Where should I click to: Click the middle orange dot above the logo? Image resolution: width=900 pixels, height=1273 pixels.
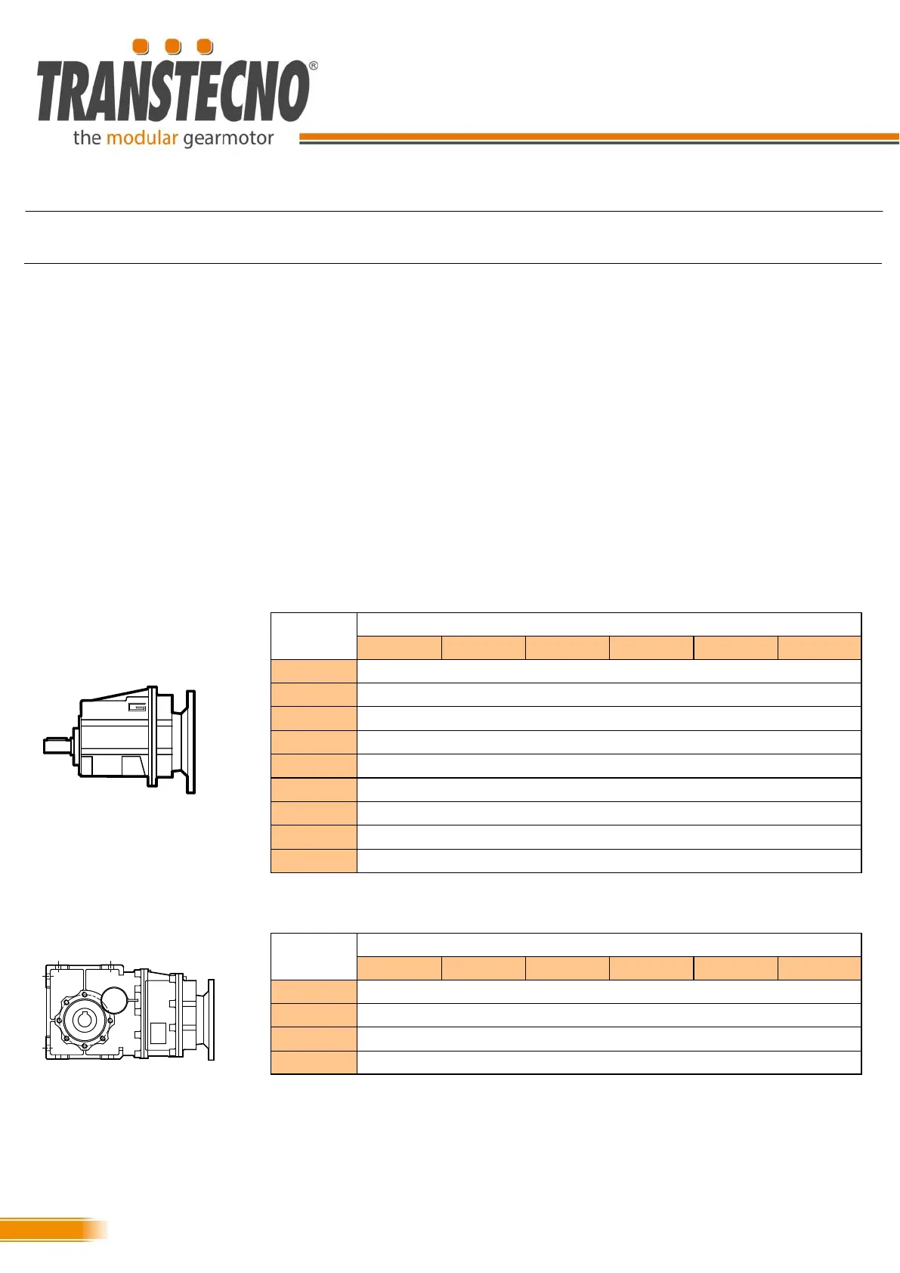click(x=173, y=47)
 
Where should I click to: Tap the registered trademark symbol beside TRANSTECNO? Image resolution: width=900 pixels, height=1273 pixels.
click(x=313, y=66)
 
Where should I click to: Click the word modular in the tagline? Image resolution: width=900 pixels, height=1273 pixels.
click(x=142, y=138)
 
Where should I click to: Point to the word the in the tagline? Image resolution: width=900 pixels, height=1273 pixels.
click(x=87, y=138)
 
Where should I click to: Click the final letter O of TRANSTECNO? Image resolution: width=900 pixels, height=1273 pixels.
click(x=294, y=91)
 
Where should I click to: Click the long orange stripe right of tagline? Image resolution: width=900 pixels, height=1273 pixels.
click(x=598, y=136)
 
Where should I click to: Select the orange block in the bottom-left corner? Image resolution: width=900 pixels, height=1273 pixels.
click(x=52, y=1229)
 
